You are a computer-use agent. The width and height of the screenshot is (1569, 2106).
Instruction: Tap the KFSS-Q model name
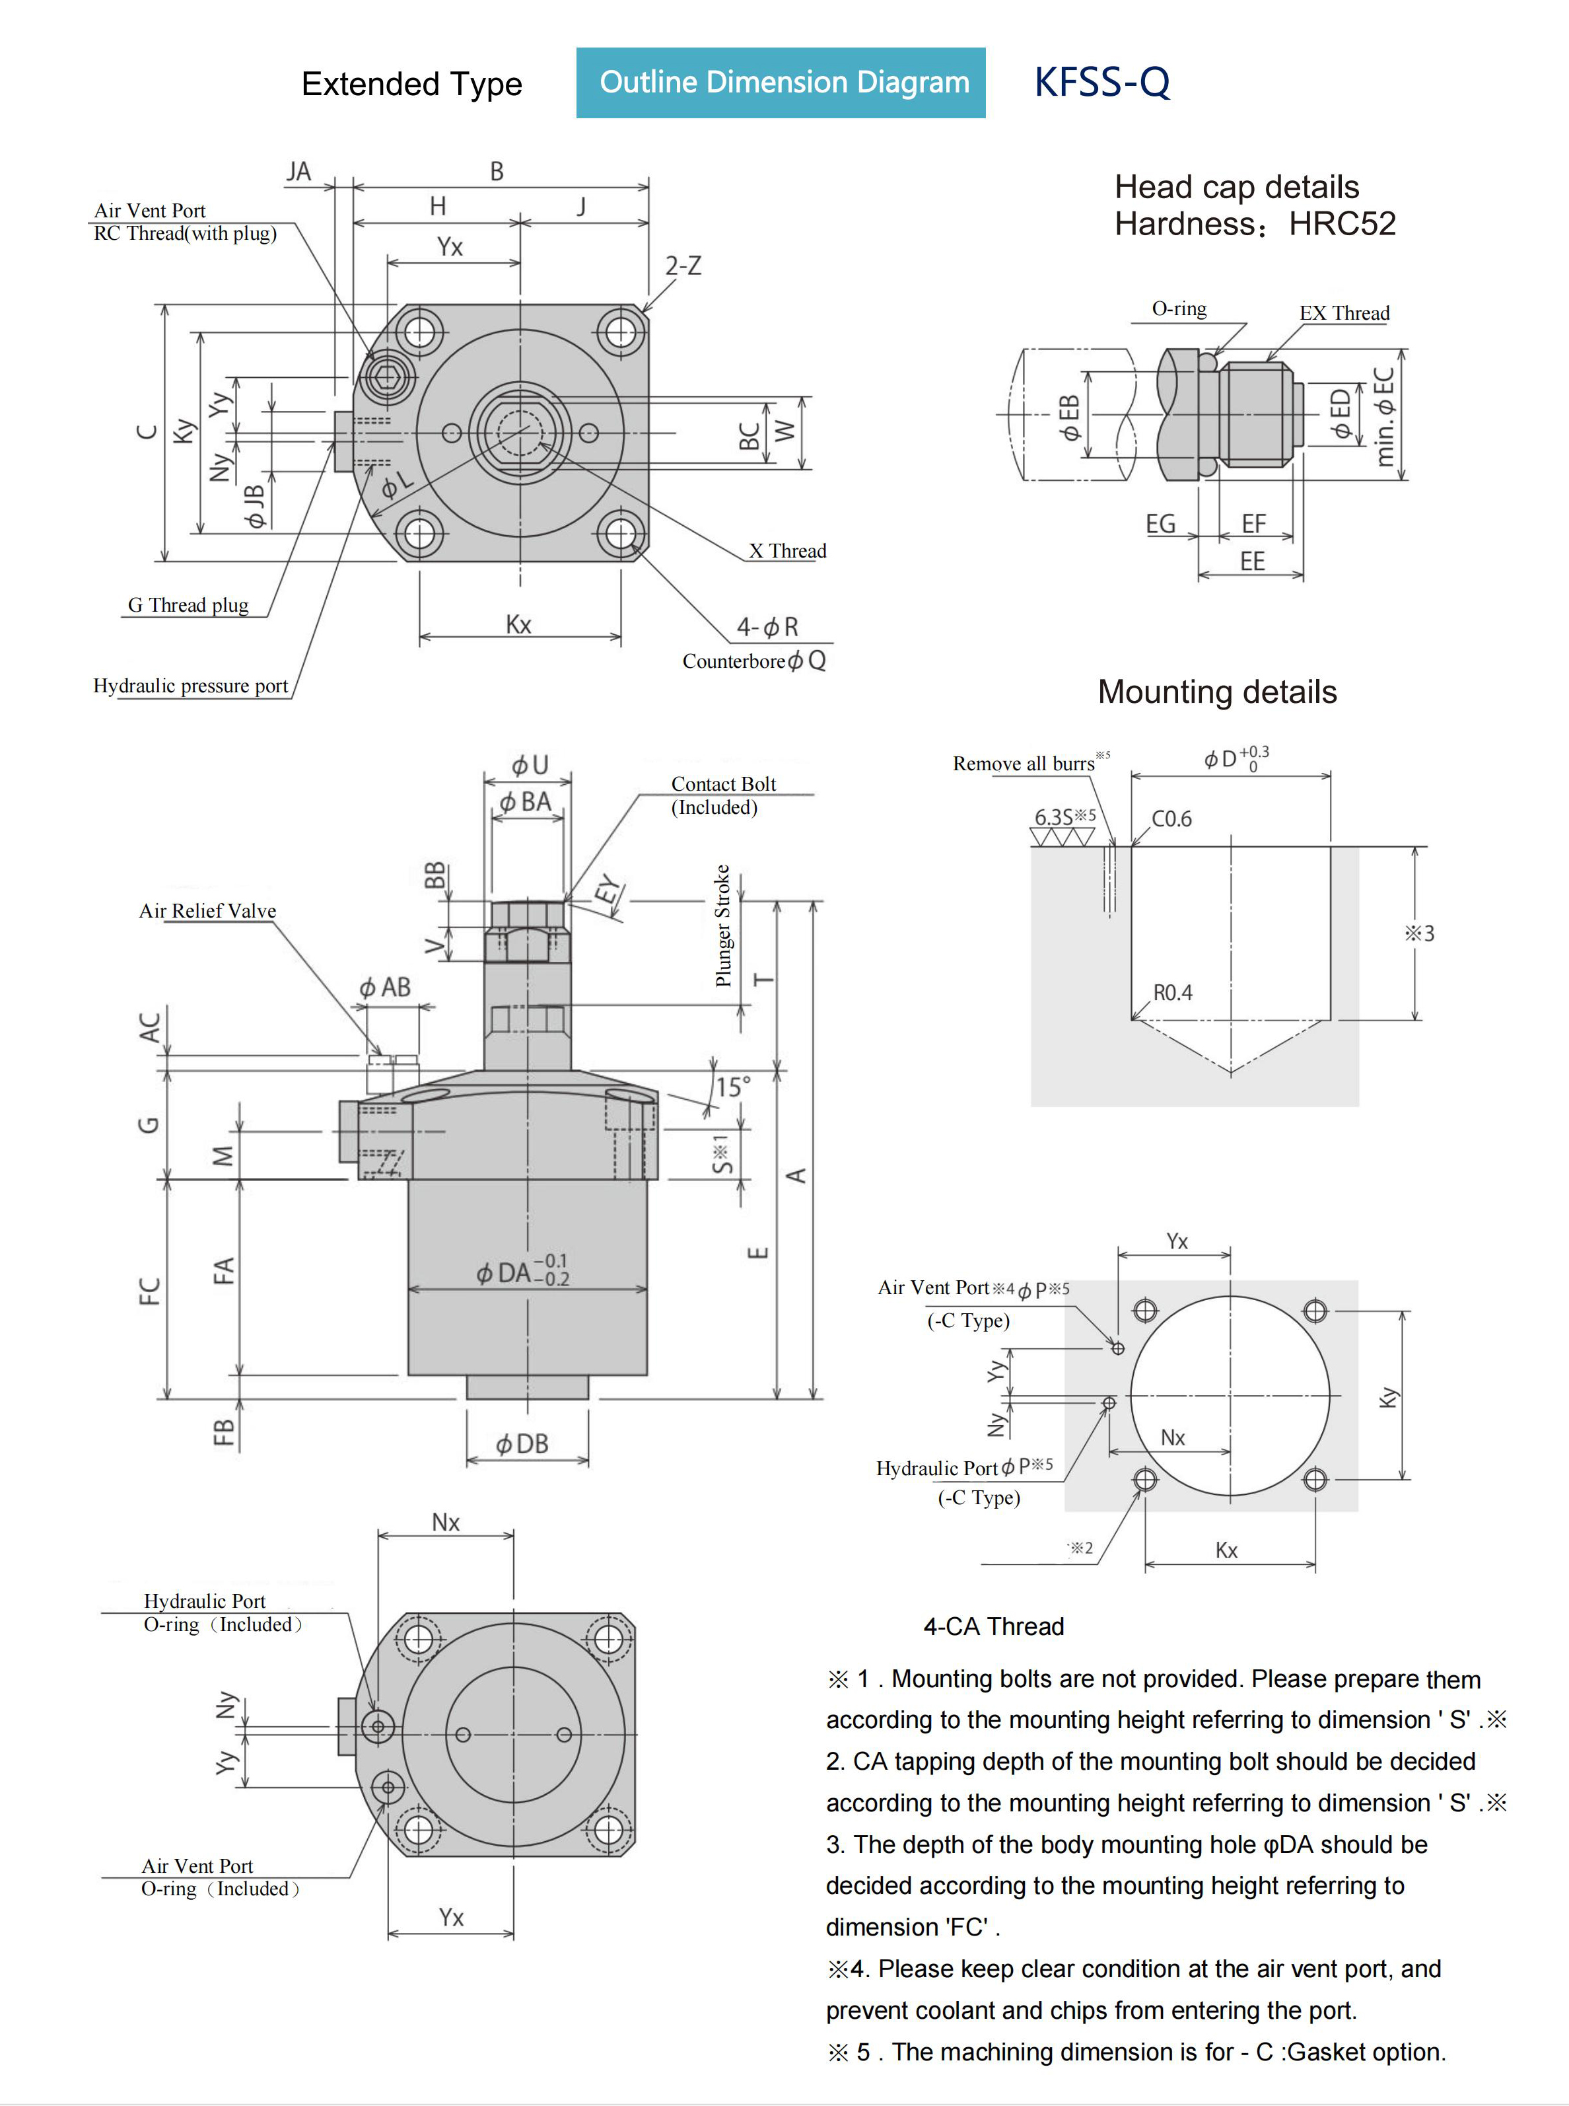coord(1101,83)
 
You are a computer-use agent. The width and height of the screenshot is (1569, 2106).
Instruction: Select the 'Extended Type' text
coord(411,85)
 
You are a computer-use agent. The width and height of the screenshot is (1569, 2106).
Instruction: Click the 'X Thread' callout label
coord(787,551)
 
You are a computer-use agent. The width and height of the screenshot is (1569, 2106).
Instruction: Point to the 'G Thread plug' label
coord(188,605)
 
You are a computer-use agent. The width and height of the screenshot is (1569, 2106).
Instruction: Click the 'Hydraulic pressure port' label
coord(190,686)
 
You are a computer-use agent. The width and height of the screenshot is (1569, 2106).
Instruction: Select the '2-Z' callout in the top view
coord(683,266)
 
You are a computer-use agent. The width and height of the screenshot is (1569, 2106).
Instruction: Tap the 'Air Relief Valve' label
coord(207,911)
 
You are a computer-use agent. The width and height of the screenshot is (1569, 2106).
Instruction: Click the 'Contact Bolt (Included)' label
coord(723,795)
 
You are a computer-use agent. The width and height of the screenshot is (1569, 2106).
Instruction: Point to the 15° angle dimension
coord(732,1087)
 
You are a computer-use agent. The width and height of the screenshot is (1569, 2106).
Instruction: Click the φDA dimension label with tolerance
coord(522,1271)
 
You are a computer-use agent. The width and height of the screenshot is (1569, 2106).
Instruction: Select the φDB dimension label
coord(522,1444)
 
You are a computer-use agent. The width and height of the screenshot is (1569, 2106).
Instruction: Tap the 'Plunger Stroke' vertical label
coord(723,926)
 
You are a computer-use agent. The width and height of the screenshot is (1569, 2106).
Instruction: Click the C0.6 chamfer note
coord(1171,819)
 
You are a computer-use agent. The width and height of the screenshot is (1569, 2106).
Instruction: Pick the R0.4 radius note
coord(1172,993)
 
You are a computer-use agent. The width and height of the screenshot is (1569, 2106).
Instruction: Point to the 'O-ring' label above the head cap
coord(1179,309)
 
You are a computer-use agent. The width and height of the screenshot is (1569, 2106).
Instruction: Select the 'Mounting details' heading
coord(1216,692)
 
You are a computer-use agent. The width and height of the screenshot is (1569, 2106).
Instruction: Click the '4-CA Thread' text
coord(993,1626)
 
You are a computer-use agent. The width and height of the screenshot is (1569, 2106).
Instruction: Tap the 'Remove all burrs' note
coord(1024,764)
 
